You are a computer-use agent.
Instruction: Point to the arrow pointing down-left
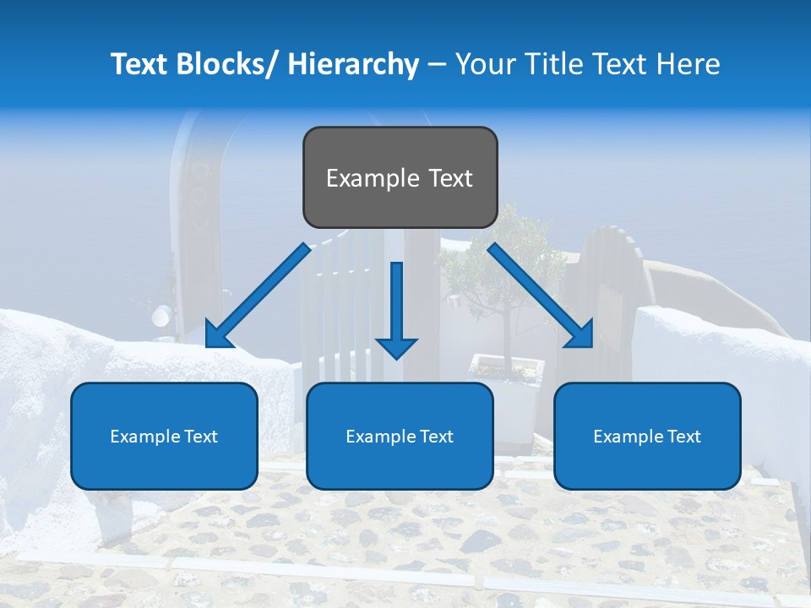tap(257, 296)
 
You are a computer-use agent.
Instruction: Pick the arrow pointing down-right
tap(541, 296)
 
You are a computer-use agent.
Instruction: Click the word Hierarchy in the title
tap(353, 64)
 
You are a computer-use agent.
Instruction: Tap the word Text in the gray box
tap(450, 178)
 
